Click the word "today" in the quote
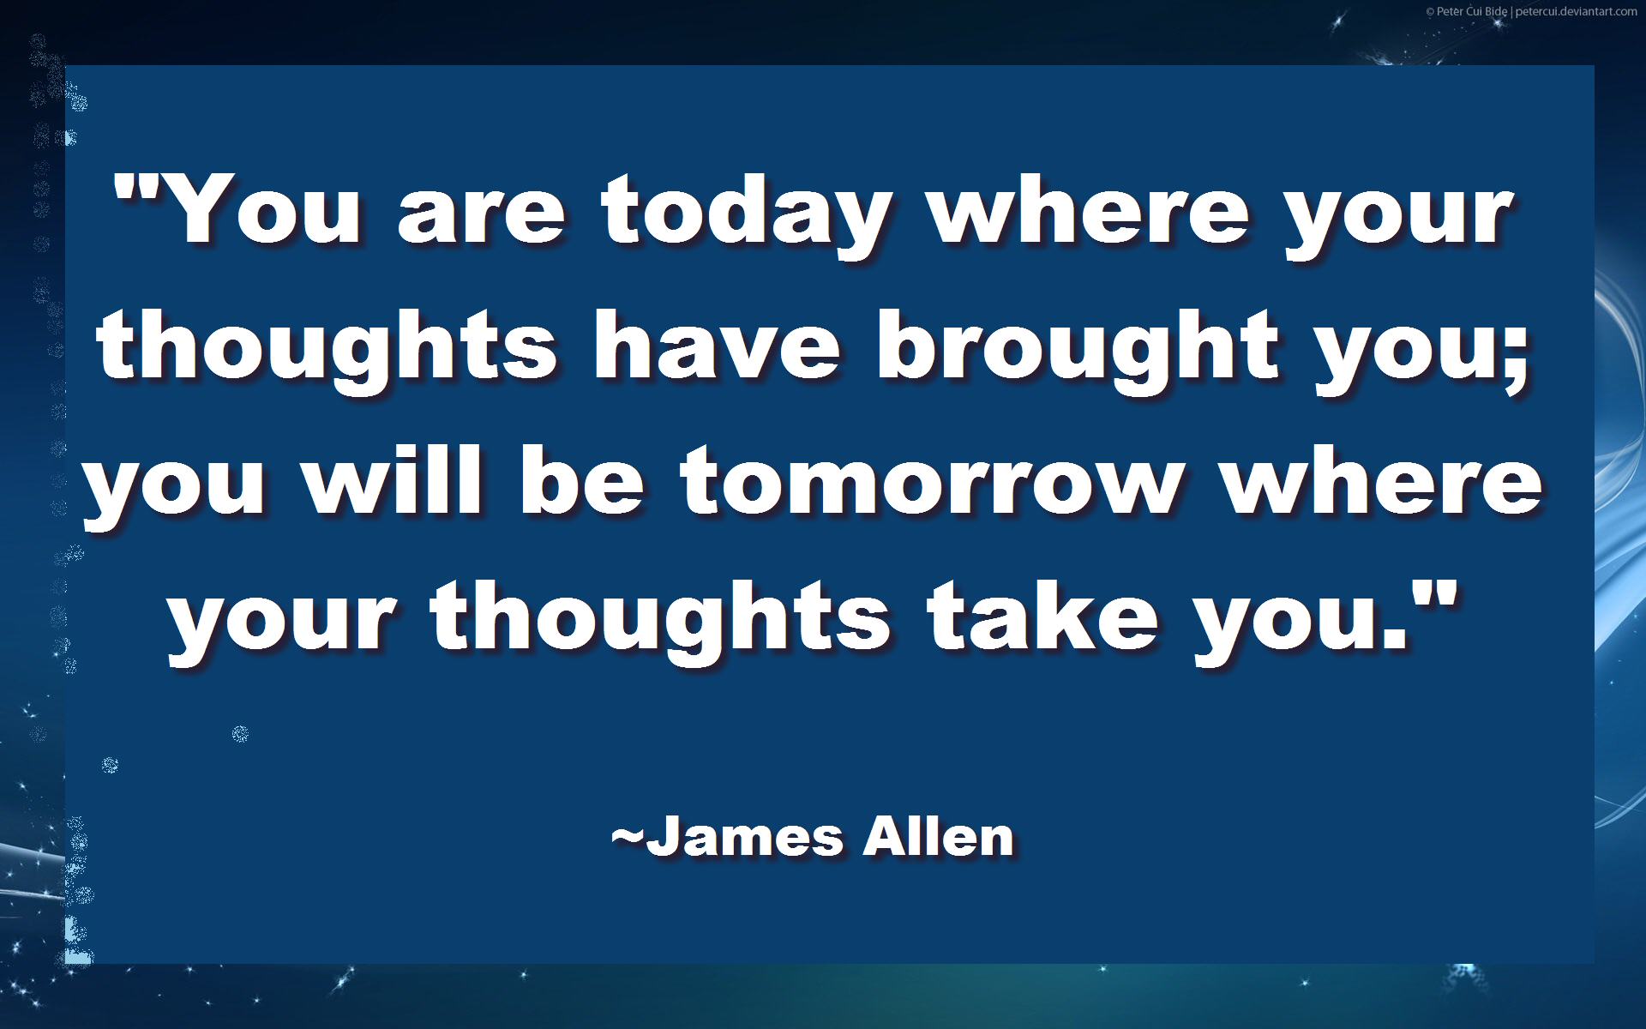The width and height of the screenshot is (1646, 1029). point(745,214)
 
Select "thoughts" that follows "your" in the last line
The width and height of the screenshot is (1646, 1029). point(661,622)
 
